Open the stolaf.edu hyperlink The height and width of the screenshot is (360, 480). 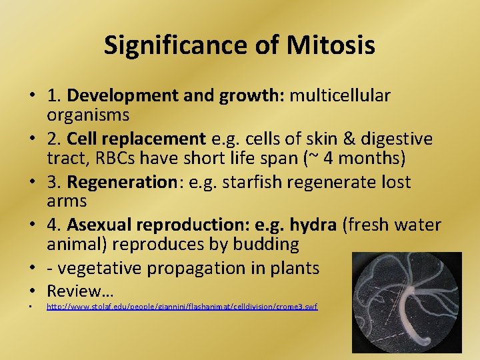[x=181, y=307]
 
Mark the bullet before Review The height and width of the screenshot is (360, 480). [x=31, y=291]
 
